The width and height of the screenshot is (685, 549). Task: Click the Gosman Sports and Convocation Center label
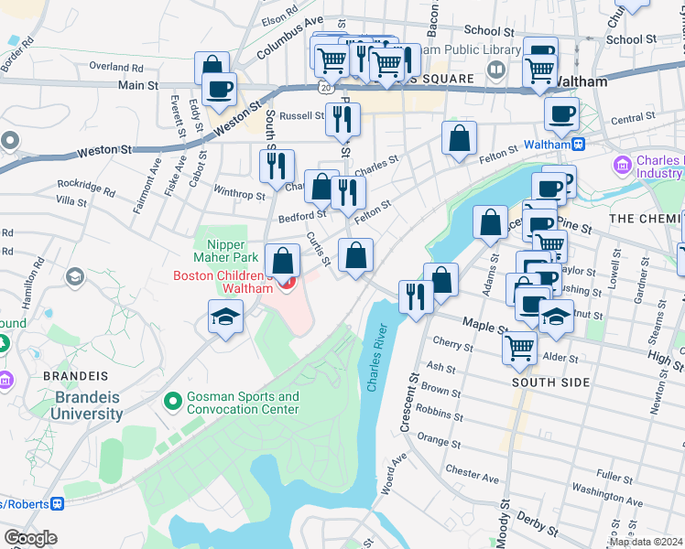pos(243,403)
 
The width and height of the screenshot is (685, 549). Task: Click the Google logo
pos(30,538)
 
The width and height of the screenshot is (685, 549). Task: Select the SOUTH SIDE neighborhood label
pos(550,382)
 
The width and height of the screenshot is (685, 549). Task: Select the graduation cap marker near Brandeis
pos(225,318)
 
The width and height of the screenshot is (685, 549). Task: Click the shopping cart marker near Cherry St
pos(519,347)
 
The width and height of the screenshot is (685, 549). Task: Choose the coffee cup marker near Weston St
pos(219,89)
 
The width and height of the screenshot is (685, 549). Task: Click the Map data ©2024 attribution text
pos(645,542)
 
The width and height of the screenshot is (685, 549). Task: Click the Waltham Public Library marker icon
pos(495,69)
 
